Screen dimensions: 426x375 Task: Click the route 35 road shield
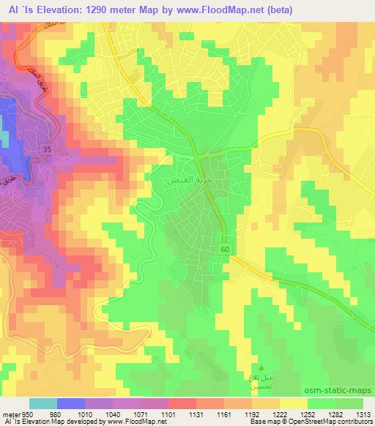[47, 149]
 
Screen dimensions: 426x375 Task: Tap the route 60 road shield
[224, 250]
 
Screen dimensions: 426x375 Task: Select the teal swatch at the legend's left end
[42, 403]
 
